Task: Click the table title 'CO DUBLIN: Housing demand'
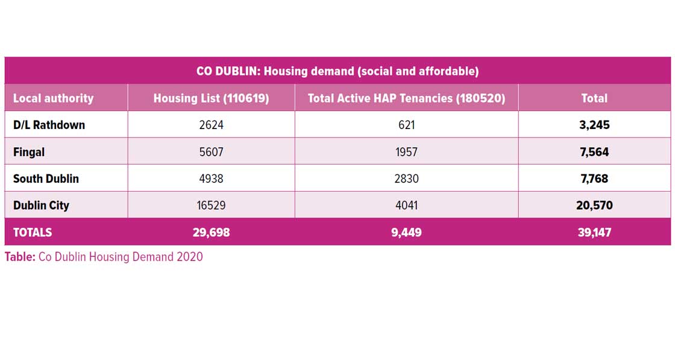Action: [337, 71]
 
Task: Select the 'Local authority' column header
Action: [53, 98]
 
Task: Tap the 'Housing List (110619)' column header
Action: [211, 98]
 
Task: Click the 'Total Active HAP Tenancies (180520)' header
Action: [406, 98]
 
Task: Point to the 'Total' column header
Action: [594, 98]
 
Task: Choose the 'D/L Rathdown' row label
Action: [49, 125]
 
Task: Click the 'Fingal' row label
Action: [29, 152]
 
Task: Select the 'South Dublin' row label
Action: [46, 178]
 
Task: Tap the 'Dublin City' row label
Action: [41, 206]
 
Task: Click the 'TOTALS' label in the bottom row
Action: [33, 232]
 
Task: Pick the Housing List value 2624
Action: [211, 125]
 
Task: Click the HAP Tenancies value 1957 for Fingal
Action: [406, 152]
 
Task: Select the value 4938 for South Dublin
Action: [211, 178]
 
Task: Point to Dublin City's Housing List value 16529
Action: [211, 206]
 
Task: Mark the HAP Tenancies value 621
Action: [406, 125]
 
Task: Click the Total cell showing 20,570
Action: [594, 206]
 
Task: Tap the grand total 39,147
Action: [594, 232]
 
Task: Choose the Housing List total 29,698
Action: [211, 232]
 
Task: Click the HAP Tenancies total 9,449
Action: [406, 232]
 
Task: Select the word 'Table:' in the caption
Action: [20, 257]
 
